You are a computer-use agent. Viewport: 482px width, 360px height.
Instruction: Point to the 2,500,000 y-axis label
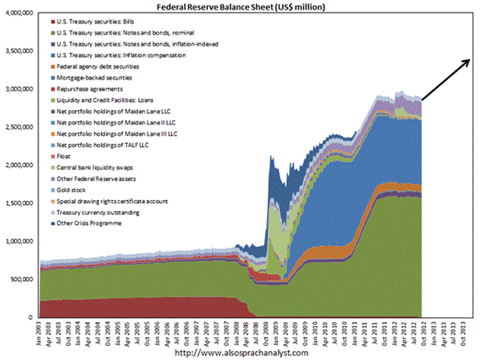(x=19, y=127)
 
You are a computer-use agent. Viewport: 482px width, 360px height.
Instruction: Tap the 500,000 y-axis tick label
(x=21, y=280)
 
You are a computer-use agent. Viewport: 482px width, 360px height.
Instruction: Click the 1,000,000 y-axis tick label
(x=19, y=241)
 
